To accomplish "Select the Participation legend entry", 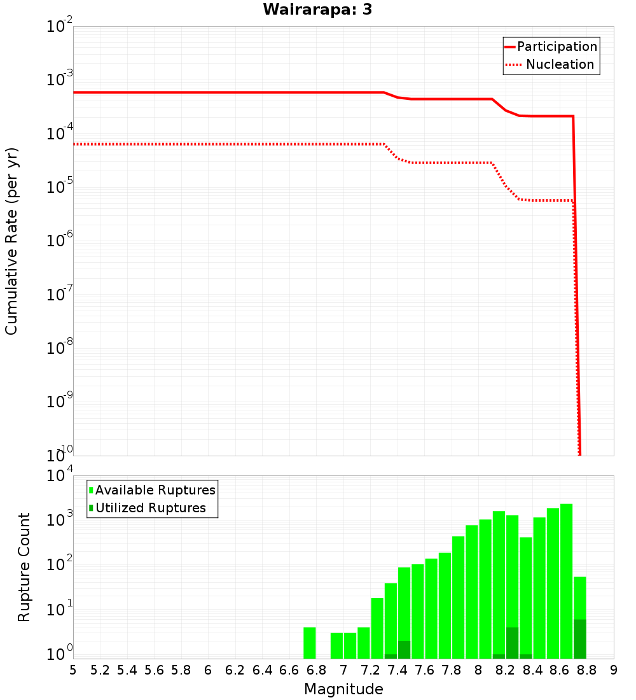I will [551, 46].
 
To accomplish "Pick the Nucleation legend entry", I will [551, 64].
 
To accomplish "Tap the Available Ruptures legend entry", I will [153, 490].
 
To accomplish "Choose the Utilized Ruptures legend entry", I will [148, 508].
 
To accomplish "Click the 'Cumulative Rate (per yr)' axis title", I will [11, 241].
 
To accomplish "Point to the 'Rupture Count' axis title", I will [24, 566].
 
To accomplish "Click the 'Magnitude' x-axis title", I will [343, 689].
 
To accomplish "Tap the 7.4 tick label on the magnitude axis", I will [397, 670].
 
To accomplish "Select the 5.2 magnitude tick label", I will [100, 670].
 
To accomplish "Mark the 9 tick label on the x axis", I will [614, 670].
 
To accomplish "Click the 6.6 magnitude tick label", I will [289, 670].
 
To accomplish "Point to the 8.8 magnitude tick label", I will [586, 670].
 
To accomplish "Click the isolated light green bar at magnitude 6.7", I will [310, 643].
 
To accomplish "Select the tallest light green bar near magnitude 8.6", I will [567, 579].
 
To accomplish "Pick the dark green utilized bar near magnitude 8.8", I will [580, 639].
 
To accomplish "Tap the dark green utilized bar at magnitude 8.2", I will [513, 643].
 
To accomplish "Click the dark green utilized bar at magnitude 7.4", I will [404, 650].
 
